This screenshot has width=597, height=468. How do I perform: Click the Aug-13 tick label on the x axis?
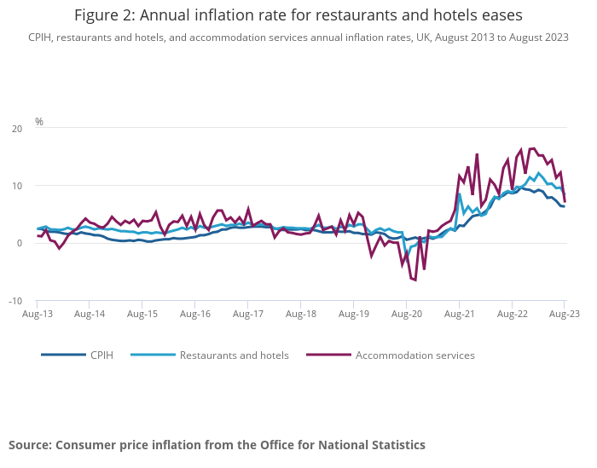[x=38, y=314]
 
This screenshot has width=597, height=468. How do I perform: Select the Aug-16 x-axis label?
[x=195, y=314]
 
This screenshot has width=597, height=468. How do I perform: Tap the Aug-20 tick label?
[x=406, y=314]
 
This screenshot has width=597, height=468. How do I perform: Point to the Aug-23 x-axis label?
[x=565, y=314]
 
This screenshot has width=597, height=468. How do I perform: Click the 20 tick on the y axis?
[x=17, y=129]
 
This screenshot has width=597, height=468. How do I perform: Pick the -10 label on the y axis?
[x=15, y=301]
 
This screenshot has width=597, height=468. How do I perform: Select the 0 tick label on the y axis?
[x=20, y=244]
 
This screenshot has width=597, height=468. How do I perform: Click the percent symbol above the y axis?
[x=39, y=122]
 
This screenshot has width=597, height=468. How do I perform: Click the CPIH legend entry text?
[x=101, y=355]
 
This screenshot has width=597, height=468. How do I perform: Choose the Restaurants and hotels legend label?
[x=234, y=355]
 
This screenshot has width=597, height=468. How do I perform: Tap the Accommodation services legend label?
[x=414, y=355]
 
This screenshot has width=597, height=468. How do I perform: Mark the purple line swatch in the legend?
[x=329, y=355]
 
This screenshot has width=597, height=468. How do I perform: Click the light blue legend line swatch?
[x=154, y=355]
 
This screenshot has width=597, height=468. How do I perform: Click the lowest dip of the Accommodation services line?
[x=414, y=280]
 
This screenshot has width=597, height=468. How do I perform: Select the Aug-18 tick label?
[x=301, y=314]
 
